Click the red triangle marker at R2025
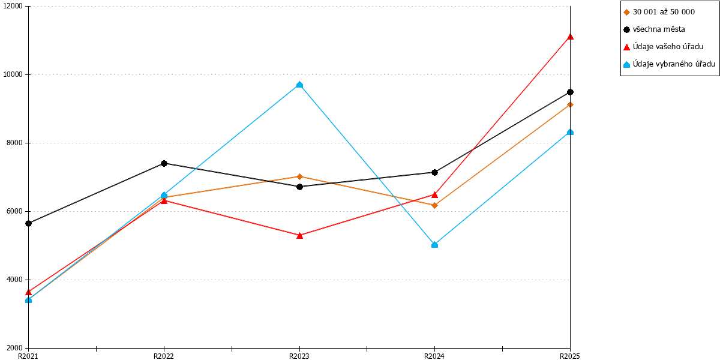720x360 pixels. pyautogui.click(x=570, y=37)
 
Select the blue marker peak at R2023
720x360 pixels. pyautogui.click(x=299, y=85)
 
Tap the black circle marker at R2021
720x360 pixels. pyautogui.click(x=29, y=223)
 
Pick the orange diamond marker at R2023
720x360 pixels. pyautogui.click(x=299, y=176)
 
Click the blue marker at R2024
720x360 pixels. pyautogui.click(x=434, y=245)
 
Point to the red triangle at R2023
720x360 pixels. pyautogui.click(x=299, y=236)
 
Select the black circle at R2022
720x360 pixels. pyautogui.click(x=164, y=164)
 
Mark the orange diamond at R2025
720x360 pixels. pyautogui.click(x=570, y=105)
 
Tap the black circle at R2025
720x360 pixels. pyautogui.click(x=570, y=92)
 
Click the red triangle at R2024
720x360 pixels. pyautogui.click(x=434, y=195)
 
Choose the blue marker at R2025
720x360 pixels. pyautogui.click(x=570, y=132)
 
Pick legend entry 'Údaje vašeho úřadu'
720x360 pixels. pyautogui.click(x=664, y=47)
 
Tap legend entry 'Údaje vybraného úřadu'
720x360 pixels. pyautogui.click(x=669, y=64)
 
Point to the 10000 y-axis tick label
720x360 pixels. pyautogui.click(x=13, y=74)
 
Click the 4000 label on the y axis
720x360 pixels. pyautogui.click(x=15, y=280)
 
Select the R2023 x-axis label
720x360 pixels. pyautogui.click(x=299, y=356)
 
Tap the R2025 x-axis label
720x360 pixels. pyautogui.click(x=570, y=356)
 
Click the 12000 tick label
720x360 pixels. pyautogui.click(x=13, y=6)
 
